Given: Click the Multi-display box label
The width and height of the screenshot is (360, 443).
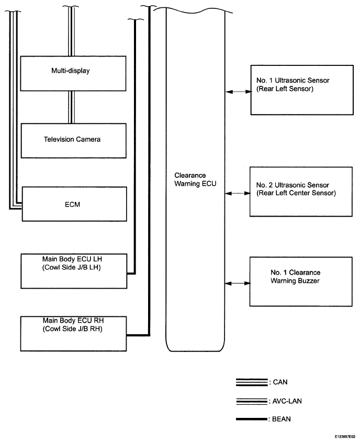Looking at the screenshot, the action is click(x=70, y=71).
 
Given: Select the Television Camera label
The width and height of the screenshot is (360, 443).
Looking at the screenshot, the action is click(x=72, y=139).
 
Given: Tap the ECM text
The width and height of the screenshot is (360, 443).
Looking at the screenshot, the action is click(x=72, y=205).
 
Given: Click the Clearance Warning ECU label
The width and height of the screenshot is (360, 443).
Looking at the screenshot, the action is click(x=195, y=179).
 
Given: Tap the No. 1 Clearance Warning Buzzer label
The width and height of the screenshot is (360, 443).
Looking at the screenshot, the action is click(x=295, y=277).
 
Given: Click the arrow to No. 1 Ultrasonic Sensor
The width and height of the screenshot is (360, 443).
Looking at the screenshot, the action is click(x=238, y=92).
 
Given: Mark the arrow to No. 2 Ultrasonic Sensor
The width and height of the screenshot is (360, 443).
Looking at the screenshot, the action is click(x=238, y=193).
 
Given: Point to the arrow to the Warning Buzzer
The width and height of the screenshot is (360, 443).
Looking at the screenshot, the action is click(x=238, y=283).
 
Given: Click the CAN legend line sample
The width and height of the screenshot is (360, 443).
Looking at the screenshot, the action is click(x=252, y=382).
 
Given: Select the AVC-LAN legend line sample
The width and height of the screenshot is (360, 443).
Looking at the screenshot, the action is click(x=252, y=401).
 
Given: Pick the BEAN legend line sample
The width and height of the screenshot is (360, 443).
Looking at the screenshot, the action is click(x=252, y=419).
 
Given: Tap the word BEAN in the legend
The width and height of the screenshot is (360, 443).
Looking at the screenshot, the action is click(x=282, y=419).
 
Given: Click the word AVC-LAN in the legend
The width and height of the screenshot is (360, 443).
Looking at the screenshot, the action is click(x=287, y=401).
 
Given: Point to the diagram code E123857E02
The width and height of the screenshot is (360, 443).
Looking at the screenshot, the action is click(x=345, y=437).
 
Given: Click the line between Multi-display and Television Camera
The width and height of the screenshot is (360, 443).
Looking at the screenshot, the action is click(x=72, y=107).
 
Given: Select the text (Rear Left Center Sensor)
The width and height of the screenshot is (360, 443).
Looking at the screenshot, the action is click(x=296, y=193).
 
